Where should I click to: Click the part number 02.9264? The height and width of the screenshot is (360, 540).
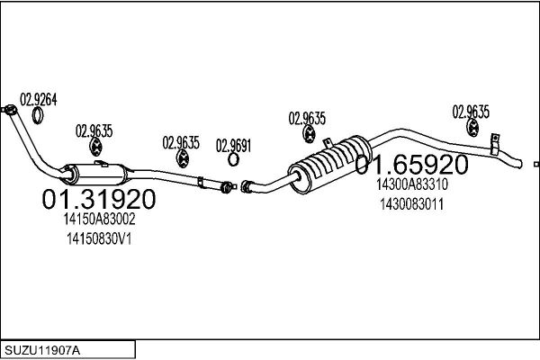(x=38, y=100)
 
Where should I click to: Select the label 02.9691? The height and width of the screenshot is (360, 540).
(x=233, y=146)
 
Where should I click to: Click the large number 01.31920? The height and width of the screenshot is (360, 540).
(x=99, y=199)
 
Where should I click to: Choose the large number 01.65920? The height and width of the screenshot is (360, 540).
(x=411, y=165)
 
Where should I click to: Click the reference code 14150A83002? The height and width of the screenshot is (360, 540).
(x=99, y=219)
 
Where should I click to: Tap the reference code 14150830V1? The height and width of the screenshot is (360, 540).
(x=99, y=238)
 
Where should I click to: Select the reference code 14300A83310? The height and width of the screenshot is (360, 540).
(x=412, y=184)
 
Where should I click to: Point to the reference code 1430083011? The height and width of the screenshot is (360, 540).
(x=412, y=204)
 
